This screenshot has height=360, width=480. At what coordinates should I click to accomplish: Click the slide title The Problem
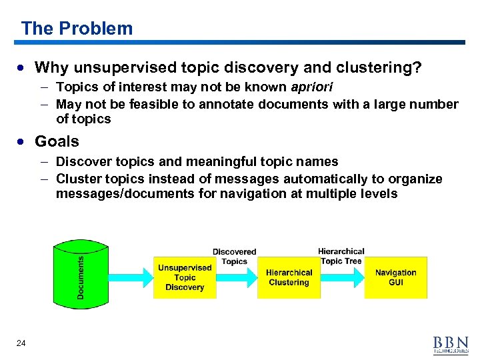tap(77, 29)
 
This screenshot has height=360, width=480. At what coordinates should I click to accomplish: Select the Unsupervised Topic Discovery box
tap(185, 277)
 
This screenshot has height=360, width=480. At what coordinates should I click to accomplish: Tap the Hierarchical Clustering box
tap(289, 277)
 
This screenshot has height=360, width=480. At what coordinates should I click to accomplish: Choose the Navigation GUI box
tap(395, 277)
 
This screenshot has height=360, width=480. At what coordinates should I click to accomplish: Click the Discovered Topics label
tap(234, 257)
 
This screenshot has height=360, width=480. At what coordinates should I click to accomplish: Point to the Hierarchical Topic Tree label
tap(341, 256)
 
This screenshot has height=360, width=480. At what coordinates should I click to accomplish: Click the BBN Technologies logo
tap(451, 343)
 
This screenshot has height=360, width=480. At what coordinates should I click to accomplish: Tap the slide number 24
tap(21, 343)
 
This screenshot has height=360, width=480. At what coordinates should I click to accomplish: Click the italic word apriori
tap(313, 87)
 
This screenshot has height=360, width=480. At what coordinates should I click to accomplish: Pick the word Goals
tap(57, 141)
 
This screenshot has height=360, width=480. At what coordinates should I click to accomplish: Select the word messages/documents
tap(119, 194)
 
